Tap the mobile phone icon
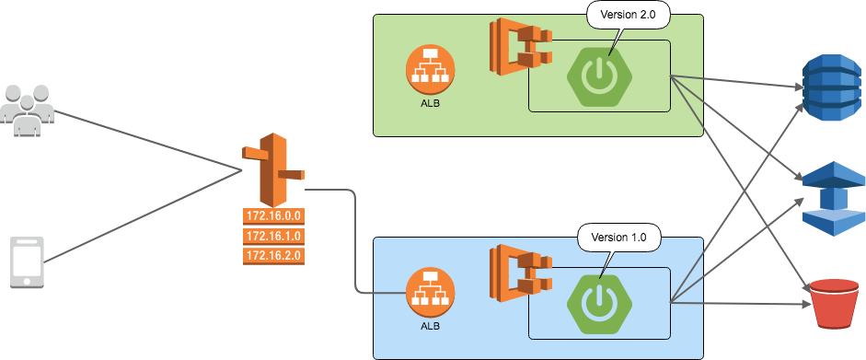click(27, 263)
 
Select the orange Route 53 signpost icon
click(272, 170)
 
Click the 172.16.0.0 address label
click(274, 216)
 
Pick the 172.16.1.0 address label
click(274, 236)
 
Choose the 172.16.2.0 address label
click(274, 255)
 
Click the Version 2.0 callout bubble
click(629, 16)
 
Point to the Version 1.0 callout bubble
click(619, 237)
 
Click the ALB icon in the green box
click(430, 69)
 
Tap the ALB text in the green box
click(430, 102)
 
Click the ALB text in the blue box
click(430, 327)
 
